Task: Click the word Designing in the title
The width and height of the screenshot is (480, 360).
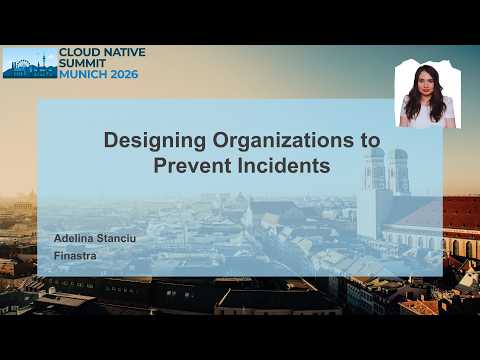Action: pyautogui.click(x=155, y=141)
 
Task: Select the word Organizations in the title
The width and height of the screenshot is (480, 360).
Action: pyautogui.click(x=283, y=141)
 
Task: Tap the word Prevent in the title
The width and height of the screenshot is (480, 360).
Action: pyautogui.click(x=192, y=165)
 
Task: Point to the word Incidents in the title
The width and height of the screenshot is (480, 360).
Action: pyautogui.click(x=284, y=165)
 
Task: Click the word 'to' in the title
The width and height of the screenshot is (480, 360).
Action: pyautogui.click(x=370, y=141)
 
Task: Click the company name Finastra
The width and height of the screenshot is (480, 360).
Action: pyautogui.click(x=75, y=256)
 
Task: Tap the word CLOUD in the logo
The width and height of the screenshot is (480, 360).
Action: pyautogui.click(x=79, y=52)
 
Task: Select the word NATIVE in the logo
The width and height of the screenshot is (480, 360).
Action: pyautogui.click(x=124, y=52)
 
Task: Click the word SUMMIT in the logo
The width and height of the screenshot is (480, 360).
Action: pyautogui.click(x=82, y=63)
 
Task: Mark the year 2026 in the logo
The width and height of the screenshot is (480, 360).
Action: pyautogui.click(x=124, y=74)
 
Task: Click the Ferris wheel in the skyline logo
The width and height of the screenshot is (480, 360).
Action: pyautogui.click(x=22, y=65)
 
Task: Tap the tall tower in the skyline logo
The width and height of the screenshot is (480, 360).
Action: pyautogui.click(x=43, y=62)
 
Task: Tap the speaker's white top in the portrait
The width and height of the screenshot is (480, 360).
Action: pyautogui.click(x=428, y=112)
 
